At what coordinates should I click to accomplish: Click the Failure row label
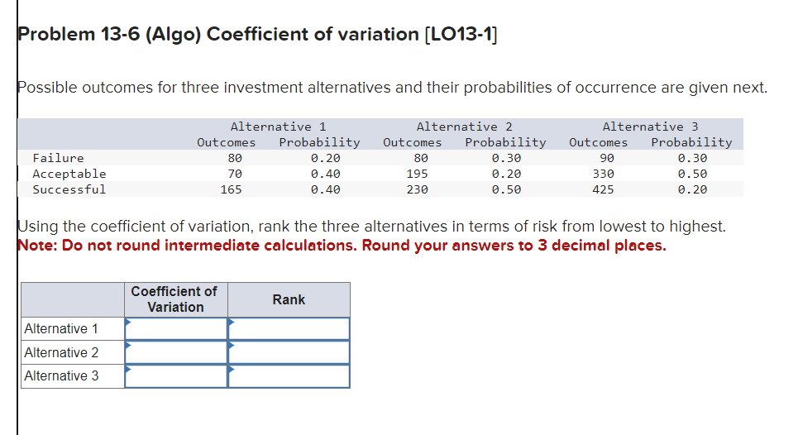coord(58,158)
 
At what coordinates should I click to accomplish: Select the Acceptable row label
coord(69,174)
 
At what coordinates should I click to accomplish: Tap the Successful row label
coord(69,189)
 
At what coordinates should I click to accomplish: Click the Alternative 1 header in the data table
coord(278,127)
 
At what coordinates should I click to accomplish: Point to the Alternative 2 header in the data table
coord(464,127)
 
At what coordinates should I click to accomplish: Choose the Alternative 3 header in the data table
coord(650,127)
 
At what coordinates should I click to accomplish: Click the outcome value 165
coord(231,189)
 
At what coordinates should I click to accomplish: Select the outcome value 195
coord(417,174)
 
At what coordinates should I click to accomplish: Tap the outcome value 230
coord(417,189)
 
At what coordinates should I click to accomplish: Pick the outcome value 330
coord(603,174)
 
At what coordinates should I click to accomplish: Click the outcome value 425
coord(603,189)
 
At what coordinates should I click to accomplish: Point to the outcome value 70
coord(235,174)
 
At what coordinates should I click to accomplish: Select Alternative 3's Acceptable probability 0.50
coord(692,174)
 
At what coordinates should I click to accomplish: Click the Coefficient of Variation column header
coord(175,299)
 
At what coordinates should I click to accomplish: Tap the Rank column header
coord(289,299)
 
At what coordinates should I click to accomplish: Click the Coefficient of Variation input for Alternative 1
coord(176,329)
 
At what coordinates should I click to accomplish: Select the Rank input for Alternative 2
coord(289,352)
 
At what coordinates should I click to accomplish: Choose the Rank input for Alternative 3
coord(289,376)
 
